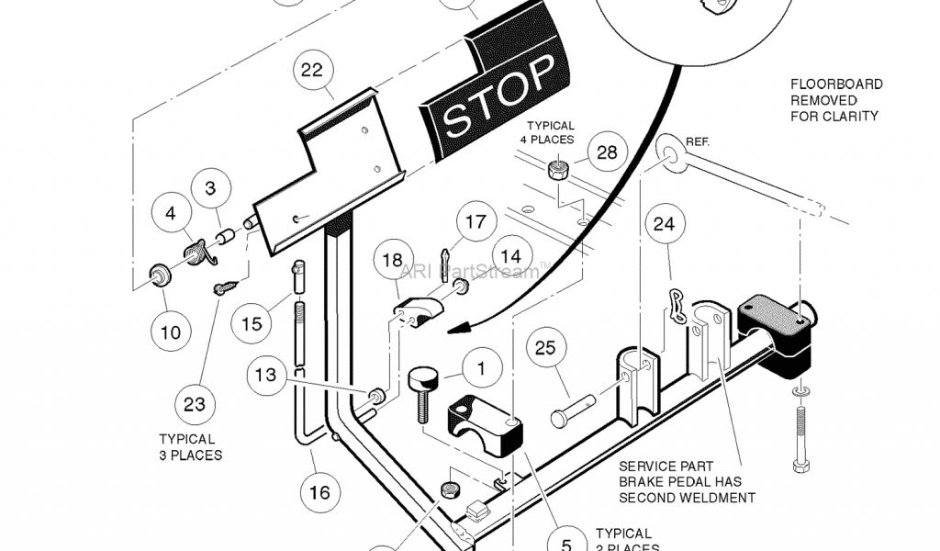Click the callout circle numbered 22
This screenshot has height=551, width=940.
(x=313, y=70)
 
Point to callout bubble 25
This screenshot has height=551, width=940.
(x=545, y=348)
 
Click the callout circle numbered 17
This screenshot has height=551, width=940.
(x=475, y=222)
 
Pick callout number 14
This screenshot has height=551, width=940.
(x=511, y=256)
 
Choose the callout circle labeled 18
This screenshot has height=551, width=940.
(x=392, y=261)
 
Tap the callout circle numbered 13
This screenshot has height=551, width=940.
(x=265, y=375)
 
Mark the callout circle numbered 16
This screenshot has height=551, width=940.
(x=319, y=493)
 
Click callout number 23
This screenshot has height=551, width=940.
(x=195, y=403)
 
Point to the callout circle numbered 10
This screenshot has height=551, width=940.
(x=171, y=332)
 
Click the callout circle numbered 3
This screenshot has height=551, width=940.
(x=210, y=190)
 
